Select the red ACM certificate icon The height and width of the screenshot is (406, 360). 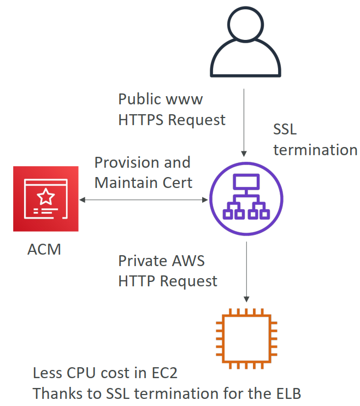click(46, 199)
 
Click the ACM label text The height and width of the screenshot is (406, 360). click(44, 250)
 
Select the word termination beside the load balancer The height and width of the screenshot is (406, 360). click(315, 150)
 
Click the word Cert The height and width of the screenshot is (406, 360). click(176, 183)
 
